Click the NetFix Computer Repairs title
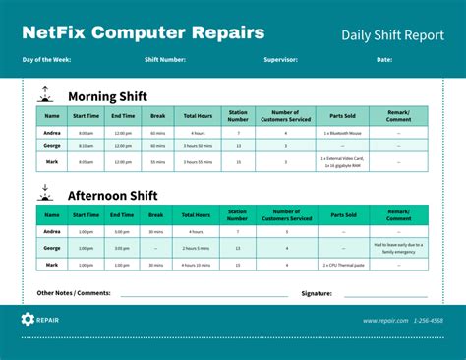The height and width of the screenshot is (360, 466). (x=144, y=32)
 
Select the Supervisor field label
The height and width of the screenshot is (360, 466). (x=280, y=60)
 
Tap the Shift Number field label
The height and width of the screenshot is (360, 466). (x=164, y=60)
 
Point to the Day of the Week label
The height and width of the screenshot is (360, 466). (x=48, y=60)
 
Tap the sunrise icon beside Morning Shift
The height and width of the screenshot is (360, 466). (x=44, y=94)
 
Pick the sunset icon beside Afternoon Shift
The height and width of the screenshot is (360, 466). (x=44, y=192)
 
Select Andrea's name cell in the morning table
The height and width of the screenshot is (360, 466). (x=52, y=132)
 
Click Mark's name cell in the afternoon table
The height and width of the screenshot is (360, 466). (x=52, y=265)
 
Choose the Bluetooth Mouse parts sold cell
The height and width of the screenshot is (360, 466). (x=344, y=132)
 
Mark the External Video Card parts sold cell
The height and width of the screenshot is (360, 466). (x=344, y=161)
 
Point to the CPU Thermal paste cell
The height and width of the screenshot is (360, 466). (x=344, y=265)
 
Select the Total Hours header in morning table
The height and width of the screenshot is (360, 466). (x=198, y=116)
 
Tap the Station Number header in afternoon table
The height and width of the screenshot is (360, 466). (x=238, y=213)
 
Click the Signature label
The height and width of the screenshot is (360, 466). (x=317, y=293)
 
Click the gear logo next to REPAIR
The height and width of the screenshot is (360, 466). (x=28, y=320)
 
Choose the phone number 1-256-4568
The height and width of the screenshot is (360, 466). (x=428, y=320)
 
